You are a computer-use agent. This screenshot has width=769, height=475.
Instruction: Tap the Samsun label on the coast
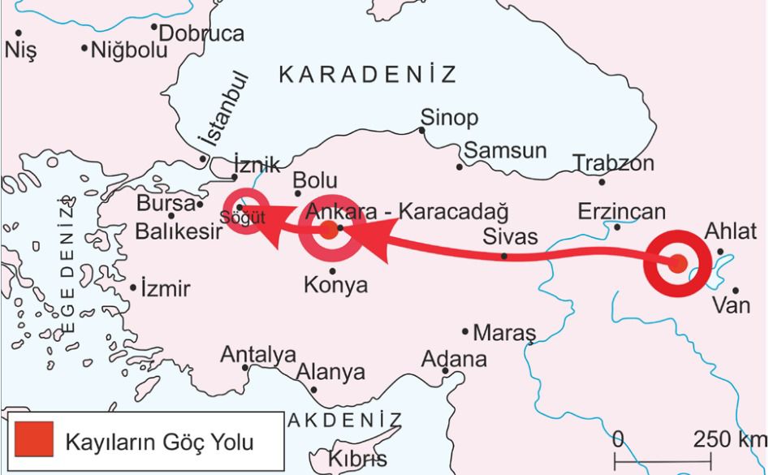(x=505, y=152)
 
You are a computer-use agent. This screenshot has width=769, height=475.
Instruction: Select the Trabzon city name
(x=613, y=163)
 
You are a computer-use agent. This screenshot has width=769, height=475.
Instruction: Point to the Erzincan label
(x=622, y=213)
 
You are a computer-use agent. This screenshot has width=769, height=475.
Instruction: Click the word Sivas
(x=509, y=236)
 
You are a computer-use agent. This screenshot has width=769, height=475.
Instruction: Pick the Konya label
(x=335, y=286)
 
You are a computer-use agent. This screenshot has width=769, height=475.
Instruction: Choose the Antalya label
(x=258, y=355)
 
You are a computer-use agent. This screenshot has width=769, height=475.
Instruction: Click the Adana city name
(x=454, y=358)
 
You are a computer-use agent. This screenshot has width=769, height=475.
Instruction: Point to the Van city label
(x=730, y=306)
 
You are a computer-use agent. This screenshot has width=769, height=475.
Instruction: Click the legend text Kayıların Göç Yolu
(x=159, y=443)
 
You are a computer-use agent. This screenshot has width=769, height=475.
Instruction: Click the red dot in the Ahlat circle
(x=678, y=262)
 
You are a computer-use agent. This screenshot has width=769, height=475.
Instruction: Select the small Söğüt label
(x=236, y=218)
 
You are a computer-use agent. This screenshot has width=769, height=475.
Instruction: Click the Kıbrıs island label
(x=358, y=459)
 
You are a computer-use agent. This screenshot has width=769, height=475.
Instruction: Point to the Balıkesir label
(x=179, y=232)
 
